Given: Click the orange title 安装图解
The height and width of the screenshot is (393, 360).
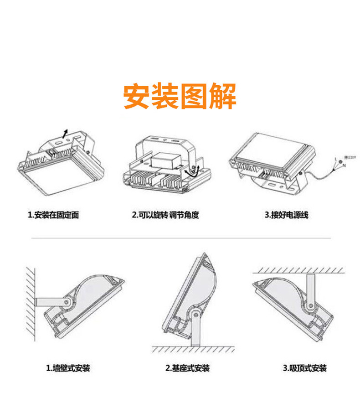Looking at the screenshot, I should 180,96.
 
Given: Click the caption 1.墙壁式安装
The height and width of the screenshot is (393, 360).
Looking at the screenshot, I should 68,368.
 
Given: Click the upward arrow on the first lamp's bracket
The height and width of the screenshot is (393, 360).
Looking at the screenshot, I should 66,133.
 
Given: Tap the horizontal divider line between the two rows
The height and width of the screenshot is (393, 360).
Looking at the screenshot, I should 180,238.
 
